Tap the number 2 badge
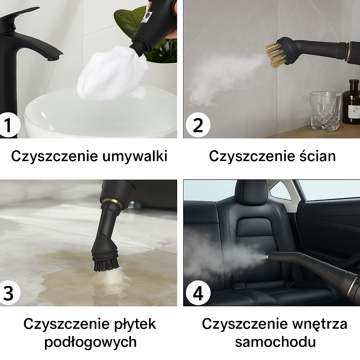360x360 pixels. pyautogui.click(x=198, y=125)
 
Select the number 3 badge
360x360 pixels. pyautogui.click(x=9, y=293)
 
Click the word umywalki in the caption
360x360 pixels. pyautogui.click(x=135, y=156)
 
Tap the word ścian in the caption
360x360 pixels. pyautogui.click(x=315, y=156)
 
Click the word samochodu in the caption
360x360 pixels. pyautogui.click(x=275, y=342)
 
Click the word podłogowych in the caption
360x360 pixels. pyautogui.click(x=90, y=342)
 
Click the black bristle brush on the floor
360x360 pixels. pyautogui.click(x=106, y=265)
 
